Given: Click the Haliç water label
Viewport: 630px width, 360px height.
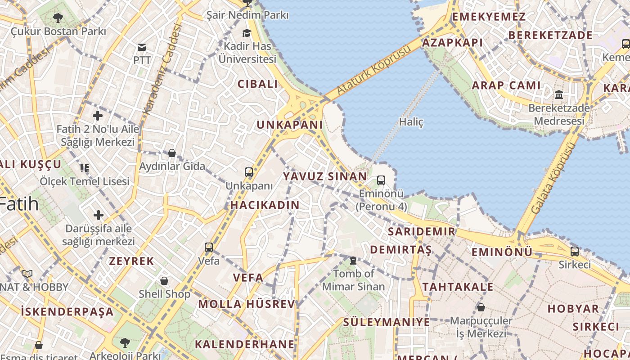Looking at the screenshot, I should [x=411, y=122].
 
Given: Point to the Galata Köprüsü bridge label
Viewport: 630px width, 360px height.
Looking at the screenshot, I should [x=553, y=178].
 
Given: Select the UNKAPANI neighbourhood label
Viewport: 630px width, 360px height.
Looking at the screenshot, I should [x=290, y=125].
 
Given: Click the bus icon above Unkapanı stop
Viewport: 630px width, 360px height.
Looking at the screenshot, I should [x=249, y=172].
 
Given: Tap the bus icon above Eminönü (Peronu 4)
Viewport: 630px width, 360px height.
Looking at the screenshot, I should [x=381, y=180].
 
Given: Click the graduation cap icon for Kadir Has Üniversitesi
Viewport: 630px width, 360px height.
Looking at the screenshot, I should [x=247, y=33].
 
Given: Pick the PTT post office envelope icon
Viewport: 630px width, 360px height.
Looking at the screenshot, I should [x=142, y=47].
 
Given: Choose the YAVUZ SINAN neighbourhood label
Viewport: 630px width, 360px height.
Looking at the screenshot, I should [x=325, y=176].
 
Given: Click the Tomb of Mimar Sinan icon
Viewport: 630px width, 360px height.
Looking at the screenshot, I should [x=353, y=261].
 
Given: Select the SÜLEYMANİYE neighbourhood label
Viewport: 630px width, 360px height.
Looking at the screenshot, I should [x=387, y=322].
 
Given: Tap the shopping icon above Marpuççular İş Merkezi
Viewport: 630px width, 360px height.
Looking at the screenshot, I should [x=481, y=307].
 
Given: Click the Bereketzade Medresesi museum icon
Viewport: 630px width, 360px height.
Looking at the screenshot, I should [x=559, y=94].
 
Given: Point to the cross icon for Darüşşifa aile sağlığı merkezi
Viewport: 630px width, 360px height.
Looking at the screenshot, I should [x=98, y=215].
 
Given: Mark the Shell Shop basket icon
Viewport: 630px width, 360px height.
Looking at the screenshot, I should [x=164, y=281].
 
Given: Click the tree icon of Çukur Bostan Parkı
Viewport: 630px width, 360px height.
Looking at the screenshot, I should [x=58, y=18].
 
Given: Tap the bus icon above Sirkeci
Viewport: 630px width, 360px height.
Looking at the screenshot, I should [x=575, y=251].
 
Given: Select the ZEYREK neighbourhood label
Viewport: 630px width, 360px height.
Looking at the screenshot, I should [x=131, y=261].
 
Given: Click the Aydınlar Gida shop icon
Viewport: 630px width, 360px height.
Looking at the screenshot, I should [x=171, y=153].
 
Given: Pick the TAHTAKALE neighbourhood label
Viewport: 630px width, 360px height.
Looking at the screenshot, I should [x=458, y=287].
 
